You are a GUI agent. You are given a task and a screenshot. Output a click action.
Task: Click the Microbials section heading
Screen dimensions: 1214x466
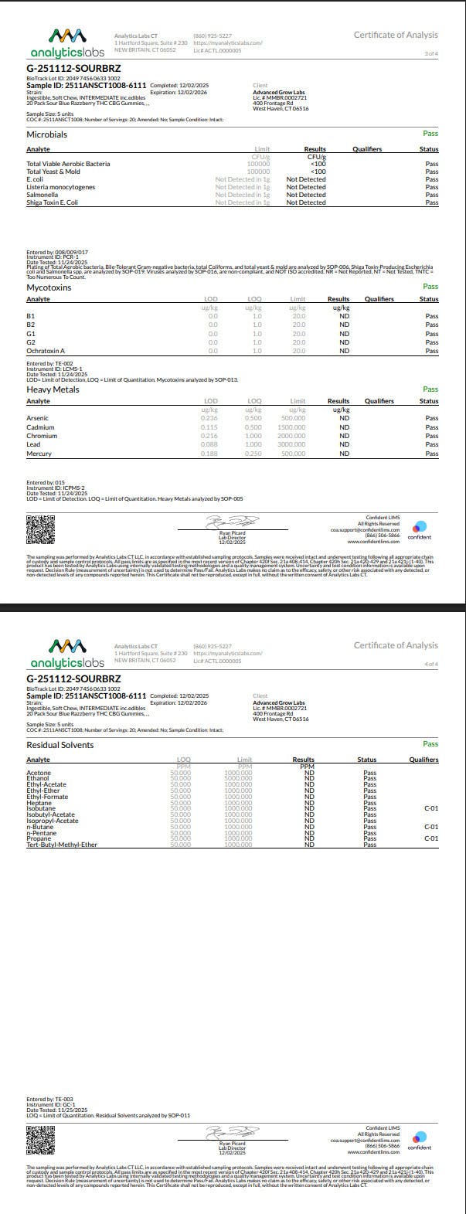pos(47,134)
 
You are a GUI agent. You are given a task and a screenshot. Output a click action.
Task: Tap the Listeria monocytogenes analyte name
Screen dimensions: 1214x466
pos(60,187)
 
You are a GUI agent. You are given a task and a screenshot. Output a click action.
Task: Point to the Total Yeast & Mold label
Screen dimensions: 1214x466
pos(53,172)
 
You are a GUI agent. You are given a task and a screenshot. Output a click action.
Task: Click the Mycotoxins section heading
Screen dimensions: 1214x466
pos(49,287)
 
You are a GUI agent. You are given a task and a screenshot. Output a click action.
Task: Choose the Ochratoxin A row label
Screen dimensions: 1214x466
pos(46,351)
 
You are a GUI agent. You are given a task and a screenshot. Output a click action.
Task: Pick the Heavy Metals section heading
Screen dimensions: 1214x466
pos(53,389)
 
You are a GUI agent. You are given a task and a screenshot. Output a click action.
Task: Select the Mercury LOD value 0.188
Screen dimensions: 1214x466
pos(209,454)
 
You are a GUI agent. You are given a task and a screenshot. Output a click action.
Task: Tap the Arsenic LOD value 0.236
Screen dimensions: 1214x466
pos(209,418)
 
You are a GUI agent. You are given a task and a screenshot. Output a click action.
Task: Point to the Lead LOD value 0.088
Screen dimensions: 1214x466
pos(209,444)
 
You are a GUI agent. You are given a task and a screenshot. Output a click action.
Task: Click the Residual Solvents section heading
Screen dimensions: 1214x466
pos(60,745)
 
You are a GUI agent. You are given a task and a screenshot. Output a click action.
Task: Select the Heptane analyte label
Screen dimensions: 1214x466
pos(39,803)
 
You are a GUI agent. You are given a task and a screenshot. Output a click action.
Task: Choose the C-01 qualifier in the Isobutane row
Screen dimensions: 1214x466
pos(431,808)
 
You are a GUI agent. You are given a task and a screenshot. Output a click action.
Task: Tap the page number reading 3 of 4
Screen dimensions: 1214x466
pos(430,53)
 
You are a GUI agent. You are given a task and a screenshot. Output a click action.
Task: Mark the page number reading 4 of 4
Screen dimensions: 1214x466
pos(430,664)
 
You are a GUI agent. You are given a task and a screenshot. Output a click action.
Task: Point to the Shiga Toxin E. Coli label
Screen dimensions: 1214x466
pos(56,202)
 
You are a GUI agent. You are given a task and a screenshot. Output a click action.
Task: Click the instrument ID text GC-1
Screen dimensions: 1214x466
pos(64,1104)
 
